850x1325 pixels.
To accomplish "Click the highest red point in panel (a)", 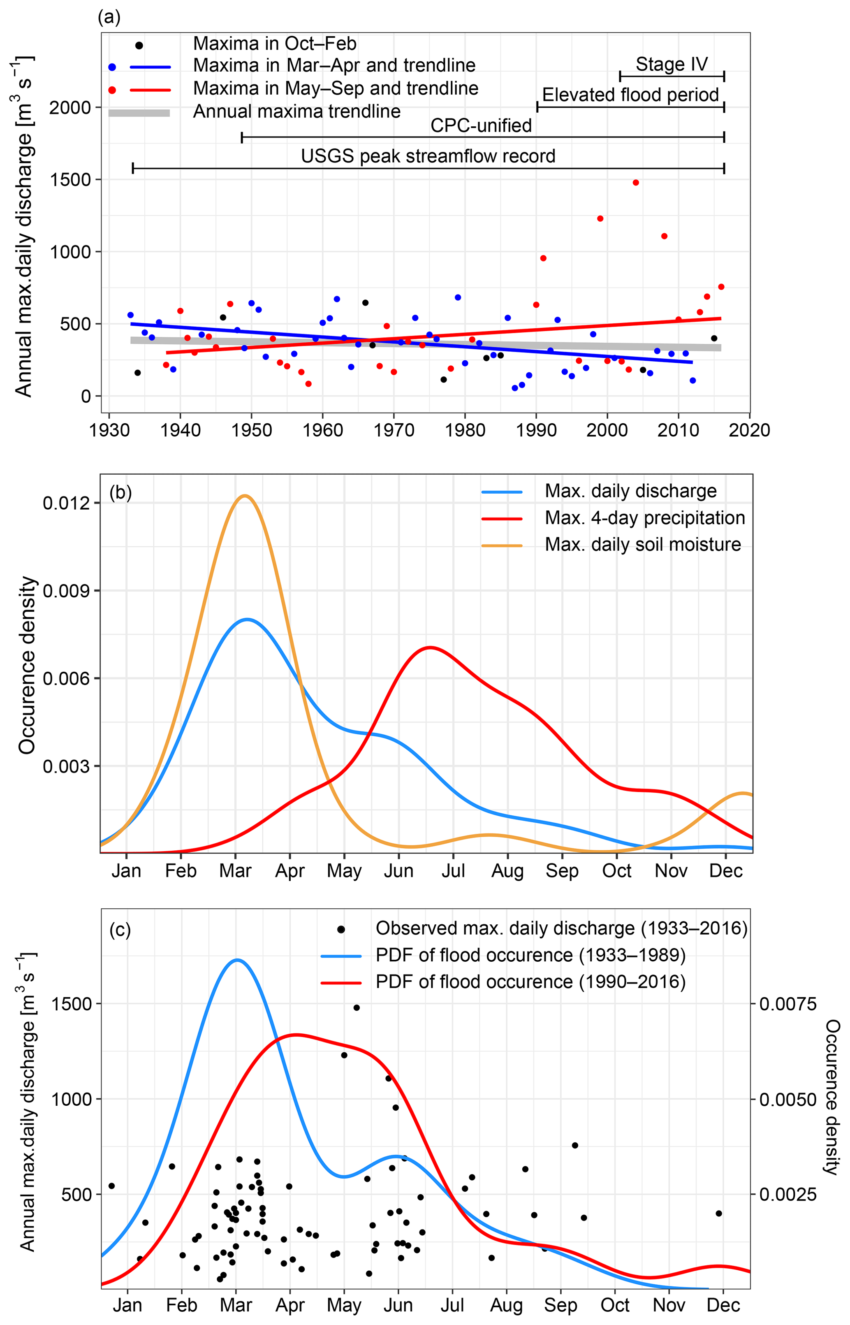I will (x=636, y=183).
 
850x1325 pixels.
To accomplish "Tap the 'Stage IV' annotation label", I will (x=671, y=64).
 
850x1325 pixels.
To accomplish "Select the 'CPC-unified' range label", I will (x=481, y=126).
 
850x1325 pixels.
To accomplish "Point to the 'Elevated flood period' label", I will (x=630, y=95).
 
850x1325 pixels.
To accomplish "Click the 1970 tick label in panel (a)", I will (x=394, y=430).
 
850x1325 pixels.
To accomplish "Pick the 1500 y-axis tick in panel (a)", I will (x=70, y=179).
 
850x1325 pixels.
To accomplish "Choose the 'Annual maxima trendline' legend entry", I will (x=296, y=111).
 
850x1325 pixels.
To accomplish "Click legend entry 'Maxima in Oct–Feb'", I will (x=274, y=44).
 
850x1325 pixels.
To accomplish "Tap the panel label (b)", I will (x=120, y=492).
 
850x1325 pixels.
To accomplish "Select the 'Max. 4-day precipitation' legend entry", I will (x=645, y=518).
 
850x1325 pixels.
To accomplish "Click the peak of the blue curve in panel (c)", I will (x=237, y=960).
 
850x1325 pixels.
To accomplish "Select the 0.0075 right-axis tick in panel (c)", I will (x=787, y=1003).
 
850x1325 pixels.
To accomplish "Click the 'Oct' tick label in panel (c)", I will (x=615, y=1305).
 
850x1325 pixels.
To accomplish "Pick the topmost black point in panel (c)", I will (x=357, y=1007).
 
